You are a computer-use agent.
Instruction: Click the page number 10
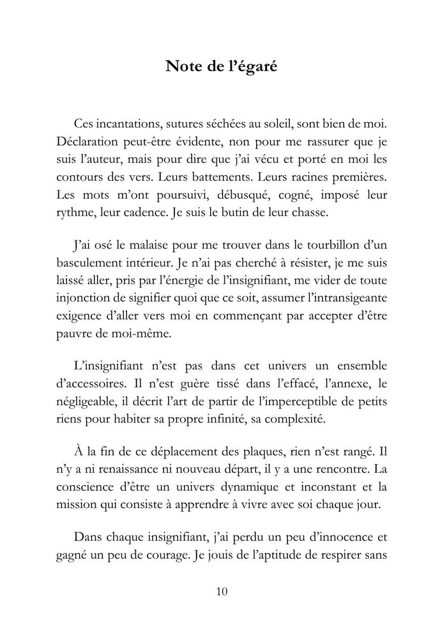pyautogui.click(x=222, y=591)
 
